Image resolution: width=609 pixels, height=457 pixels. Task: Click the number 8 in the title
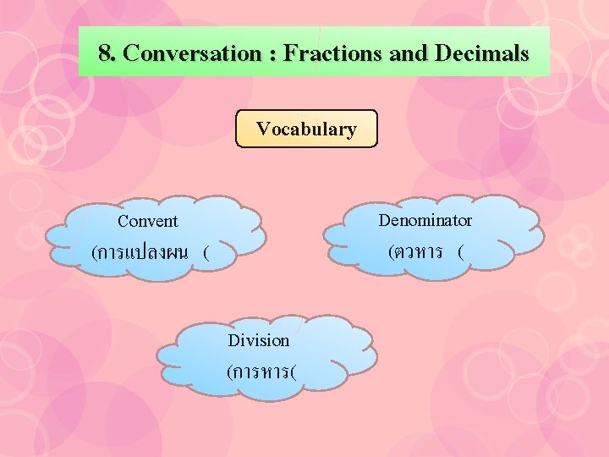pos(104,54)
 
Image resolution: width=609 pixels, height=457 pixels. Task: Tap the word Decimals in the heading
pos(481,54)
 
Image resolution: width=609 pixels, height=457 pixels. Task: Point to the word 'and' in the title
pos(409,54)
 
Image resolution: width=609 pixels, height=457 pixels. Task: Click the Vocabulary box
pos(306,129)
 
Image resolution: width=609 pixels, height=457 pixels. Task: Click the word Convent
pos(148,222)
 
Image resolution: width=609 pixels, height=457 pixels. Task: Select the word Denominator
pos(425,221)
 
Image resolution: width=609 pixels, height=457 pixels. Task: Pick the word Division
pos(259,340)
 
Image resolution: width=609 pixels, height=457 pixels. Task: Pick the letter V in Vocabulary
pos(263,129)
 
